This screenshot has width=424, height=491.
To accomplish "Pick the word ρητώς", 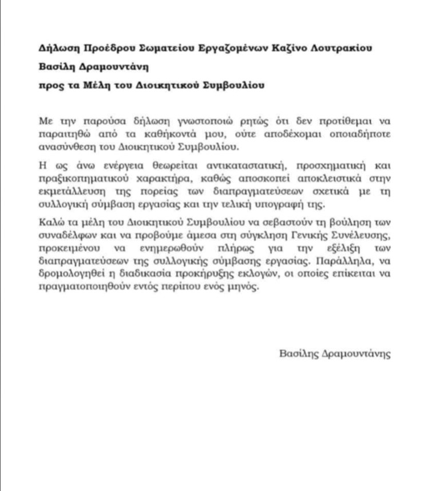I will (229, 122).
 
